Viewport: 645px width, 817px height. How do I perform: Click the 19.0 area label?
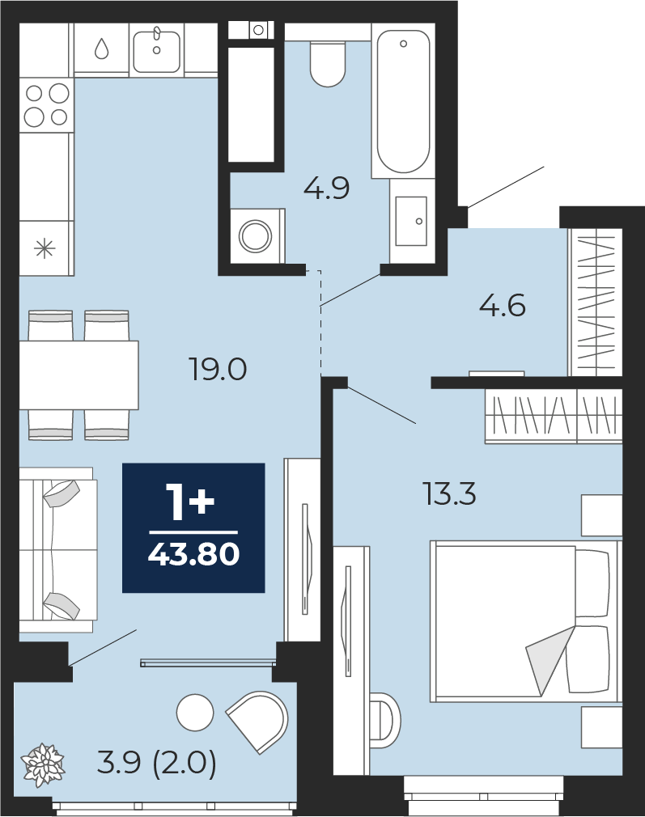[218, 370]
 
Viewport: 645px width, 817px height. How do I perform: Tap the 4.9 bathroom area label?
[326, 188]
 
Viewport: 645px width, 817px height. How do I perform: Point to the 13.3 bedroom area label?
[449, 494]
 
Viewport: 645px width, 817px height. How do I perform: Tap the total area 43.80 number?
[193, 554]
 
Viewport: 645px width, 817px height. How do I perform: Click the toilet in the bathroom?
[328, 64]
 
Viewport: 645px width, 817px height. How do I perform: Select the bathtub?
[403, 100]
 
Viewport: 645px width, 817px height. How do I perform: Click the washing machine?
[256, 235]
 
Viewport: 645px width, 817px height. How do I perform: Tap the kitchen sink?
[156, 50]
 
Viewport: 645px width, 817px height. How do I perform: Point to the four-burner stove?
[46, 104]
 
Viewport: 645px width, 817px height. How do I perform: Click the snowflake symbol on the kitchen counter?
[45, 248]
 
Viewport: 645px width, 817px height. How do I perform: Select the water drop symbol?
[101, 49]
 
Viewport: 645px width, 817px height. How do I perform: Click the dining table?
[79, 375]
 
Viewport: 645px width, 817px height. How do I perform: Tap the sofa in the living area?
[58, 550]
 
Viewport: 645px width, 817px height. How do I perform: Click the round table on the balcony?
[195, 713]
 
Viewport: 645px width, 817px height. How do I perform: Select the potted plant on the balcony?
[43, 764]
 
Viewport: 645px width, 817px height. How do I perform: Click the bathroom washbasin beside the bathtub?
[411, 221]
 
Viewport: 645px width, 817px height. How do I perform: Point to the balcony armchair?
[258, 722]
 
